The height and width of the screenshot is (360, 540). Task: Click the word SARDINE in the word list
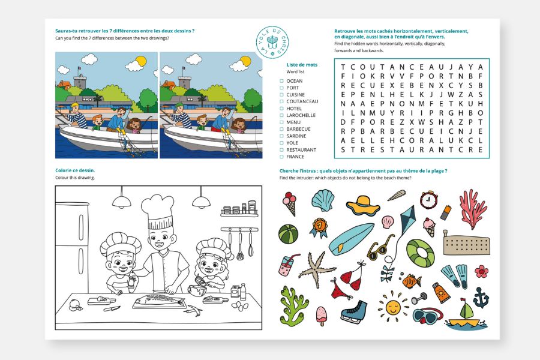pyautogui.click(x=296, y=136)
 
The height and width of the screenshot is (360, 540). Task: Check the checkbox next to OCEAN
pyautogui.click(x=282, y=81)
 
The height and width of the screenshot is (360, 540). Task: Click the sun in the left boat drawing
pyautogui.click(x=141, y=61)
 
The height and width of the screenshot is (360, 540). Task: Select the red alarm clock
pyautogui.click(x=428, y=200)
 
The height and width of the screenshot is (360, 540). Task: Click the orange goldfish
pyautogui.click(x=410, y=281)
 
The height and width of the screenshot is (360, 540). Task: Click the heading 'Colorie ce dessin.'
pyautogui.click(x=75, y=170)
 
